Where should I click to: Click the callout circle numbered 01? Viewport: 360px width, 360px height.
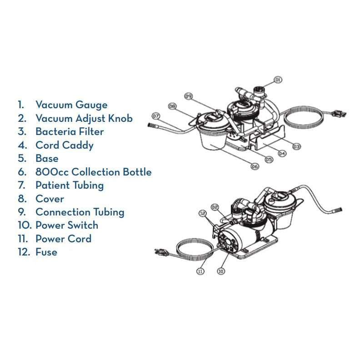(278, 80)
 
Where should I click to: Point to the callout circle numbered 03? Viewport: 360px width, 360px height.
(296, 146)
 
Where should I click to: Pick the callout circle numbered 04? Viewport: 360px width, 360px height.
(282, 153)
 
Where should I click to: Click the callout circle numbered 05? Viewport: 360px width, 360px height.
(269, 160)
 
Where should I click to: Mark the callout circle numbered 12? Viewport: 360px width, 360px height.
(202, 212)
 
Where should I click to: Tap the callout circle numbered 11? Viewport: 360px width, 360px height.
(200, 271)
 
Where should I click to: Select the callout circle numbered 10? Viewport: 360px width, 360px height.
(221, 271)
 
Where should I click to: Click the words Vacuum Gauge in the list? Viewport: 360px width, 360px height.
(71, 105)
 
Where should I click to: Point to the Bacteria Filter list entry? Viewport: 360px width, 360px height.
(70, 132)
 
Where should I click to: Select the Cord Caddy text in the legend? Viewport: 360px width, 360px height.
(65, 145)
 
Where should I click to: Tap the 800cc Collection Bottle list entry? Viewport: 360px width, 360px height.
(93, 172)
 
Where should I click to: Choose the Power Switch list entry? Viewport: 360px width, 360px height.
(66, 225)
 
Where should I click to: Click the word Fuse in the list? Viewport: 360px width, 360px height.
(46, 252)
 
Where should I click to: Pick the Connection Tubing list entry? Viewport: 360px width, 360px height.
(80, 212)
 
